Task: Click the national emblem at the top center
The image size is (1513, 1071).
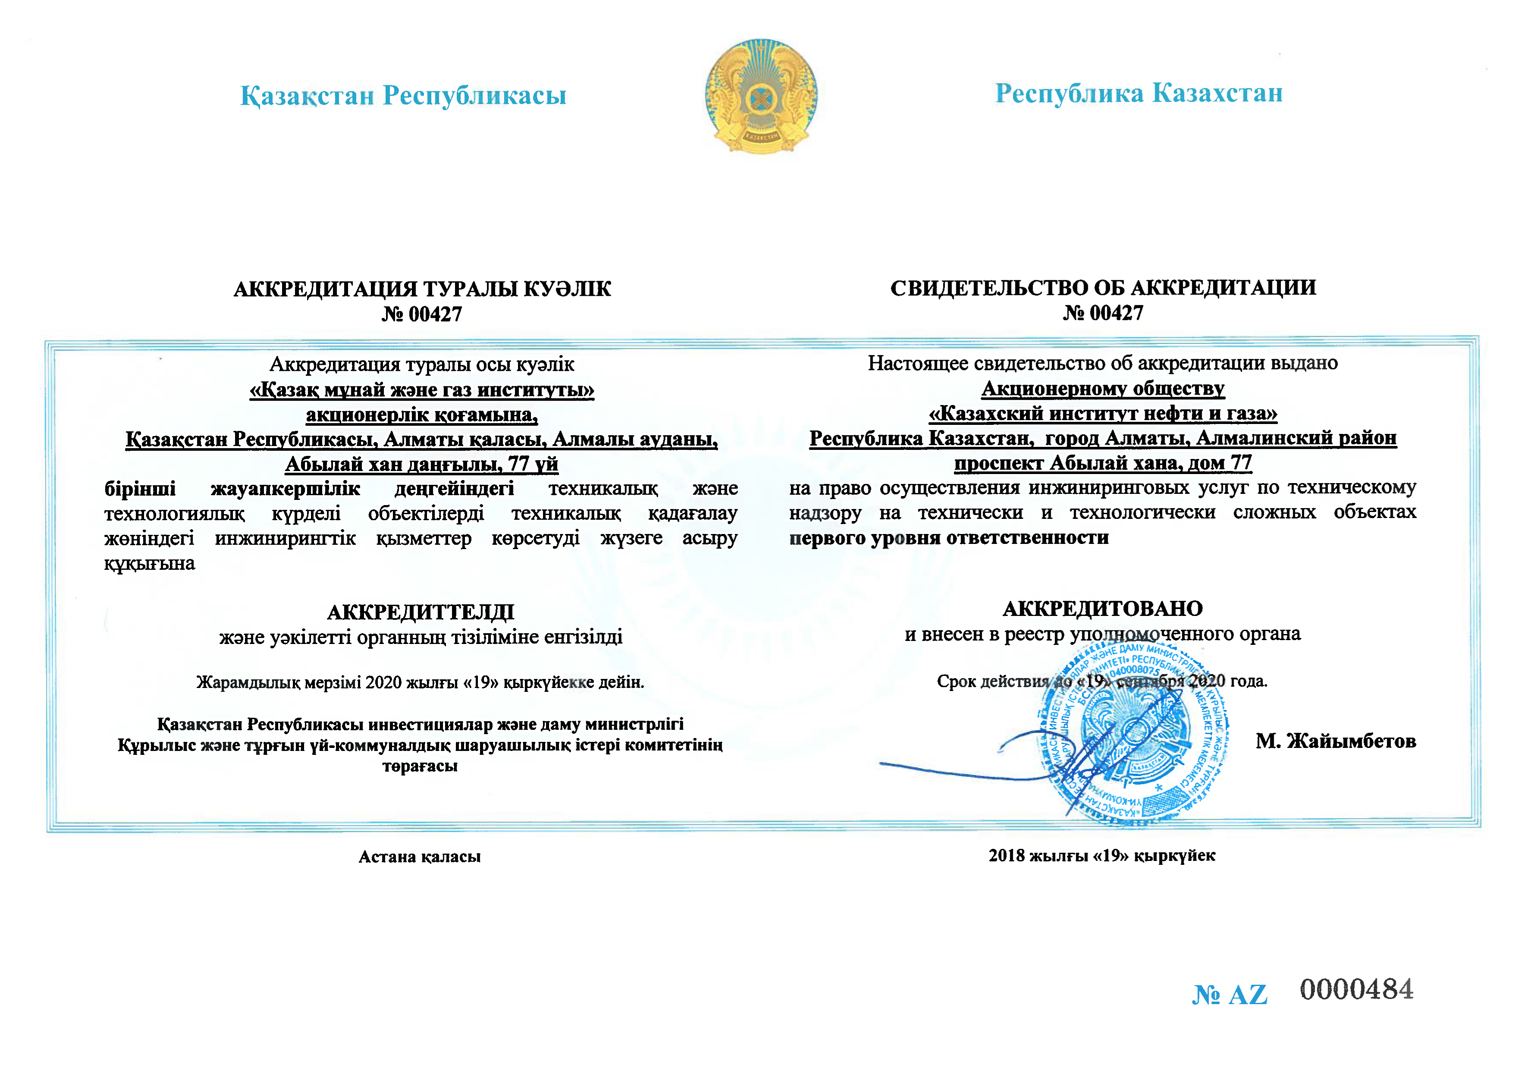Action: [x=761, y=96]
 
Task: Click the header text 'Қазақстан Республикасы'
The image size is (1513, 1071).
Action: [x=403, y=96]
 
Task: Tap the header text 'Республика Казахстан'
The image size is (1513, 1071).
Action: [x=1139, y=93]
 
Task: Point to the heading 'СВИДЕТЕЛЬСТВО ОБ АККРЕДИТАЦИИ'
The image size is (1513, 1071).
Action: [x=1103, y=288]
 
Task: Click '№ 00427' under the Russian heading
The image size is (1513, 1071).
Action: [x=1103, y=313]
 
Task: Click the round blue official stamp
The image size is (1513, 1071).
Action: [x=1134, y=732]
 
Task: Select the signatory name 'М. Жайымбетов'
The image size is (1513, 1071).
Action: [x=1336, y=741]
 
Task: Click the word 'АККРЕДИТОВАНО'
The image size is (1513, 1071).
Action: [x=1103, y=608]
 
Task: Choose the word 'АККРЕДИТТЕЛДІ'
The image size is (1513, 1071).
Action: [x=421, y=612]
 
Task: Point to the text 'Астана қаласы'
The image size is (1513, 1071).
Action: [x=420, y=857]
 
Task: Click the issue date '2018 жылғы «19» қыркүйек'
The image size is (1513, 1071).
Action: [x=1102, y=855]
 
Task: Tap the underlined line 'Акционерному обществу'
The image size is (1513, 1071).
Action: [x=1103, y=389]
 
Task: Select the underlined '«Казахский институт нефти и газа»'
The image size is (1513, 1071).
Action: [x=1103, y=414]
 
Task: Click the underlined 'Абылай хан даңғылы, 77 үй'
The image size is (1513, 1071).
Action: [x=422, y=464]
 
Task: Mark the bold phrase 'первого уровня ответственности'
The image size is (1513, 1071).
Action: [x=949, y=537]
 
